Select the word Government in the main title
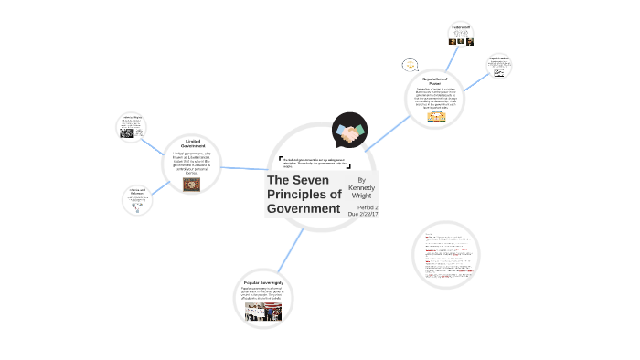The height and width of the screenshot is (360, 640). pyautogui.click(x=303, y=209)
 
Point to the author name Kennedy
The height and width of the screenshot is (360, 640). pyautogui.click(x=361, y=187)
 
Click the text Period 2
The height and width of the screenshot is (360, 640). pyautogui.click(x=368, y=207)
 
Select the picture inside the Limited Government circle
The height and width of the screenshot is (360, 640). pyautogui.click(x=191, y=184)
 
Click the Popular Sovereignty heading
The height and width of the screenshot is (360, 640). pyautogui.click(x=269, y=283)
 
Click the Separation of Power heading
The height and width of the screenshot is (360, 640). pyautogui.click(x=435, y=81)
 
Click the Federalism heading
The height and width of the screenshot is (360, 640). pyautogui.click(x=461, y=26)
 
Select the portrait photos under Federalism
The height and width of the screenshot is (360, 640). pyautogui.click(x=460, y=40)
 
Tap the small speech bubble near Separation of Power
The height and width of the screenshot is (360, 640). pyautogui.click(x=410, y=65)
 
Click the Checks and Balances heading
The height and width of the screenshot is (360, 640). pyautogui.click(x=138, y=192)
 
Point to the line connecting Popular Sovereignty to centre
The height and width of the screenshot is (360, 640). pyautogui.click(x=291, y=248)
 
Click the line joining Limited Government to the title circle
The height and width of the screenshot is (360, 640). pyautogui.click(x=242, y=168)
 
